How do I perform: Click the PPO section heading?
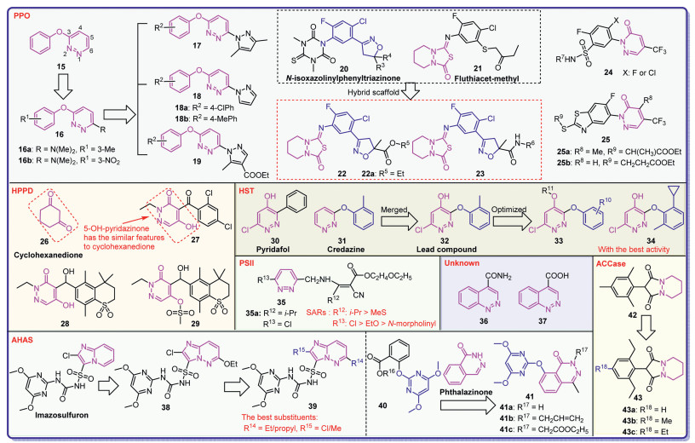(x=22, y=14)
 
